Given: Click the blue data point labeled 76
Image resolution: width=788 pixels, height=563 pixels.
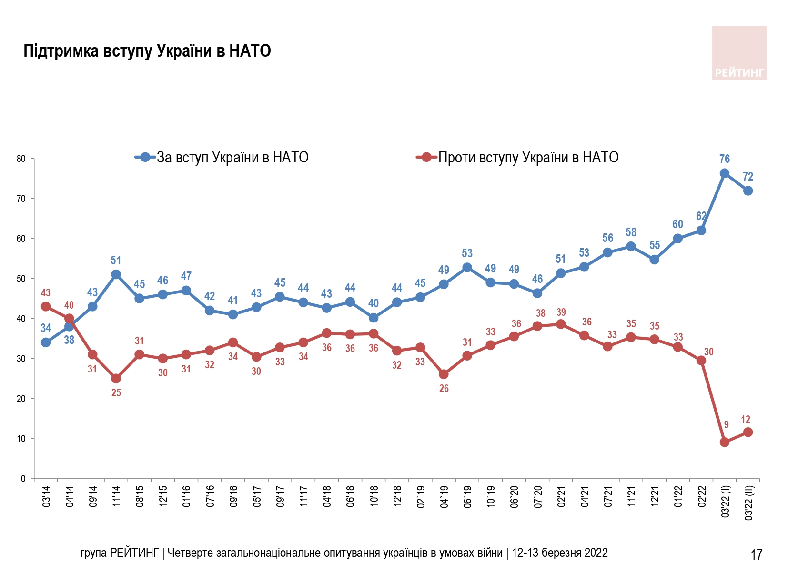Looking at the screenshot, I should pos(724,173).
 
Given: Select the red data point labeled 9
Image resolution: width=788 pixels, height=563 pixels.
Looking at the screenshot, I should pos(724,442).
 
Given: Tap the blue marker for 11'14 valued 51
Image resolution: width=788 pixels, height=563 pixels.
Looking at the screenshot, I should pos(116,274).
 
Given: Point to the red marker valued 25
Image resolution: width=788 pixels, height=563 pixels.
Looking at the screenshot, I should pos(116,379).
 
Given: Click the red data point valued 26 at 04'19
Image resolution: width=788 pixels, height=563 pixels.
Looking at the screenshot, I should pos(444,374).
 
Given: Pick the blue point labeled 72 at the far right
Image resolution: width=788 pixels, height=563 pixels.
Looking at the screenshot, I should pos(748,191).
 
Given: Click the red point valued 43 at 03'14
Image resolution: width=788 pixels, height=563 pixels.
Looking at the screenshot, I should pos(46,306).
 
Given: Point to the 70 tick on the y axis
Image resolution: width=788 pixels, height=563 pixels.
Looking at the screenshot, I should pos(21,199).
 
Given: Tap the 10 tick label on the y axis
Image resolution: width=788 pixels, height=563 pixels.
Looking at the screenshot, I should pos(21,439).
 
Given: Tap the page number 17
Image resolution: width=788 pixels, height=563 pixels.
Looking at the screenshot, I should pos(756,554).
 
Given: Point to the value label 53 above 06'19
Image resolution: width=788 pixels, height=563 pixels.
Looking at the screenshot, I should pos(467,253).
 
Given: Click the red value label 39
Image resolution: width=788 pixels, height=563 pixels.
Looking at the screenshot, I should pos(561,312).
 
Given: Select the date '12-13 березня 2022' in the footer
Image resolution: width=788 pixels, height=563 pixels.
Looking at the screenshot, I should pos(560,553).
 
